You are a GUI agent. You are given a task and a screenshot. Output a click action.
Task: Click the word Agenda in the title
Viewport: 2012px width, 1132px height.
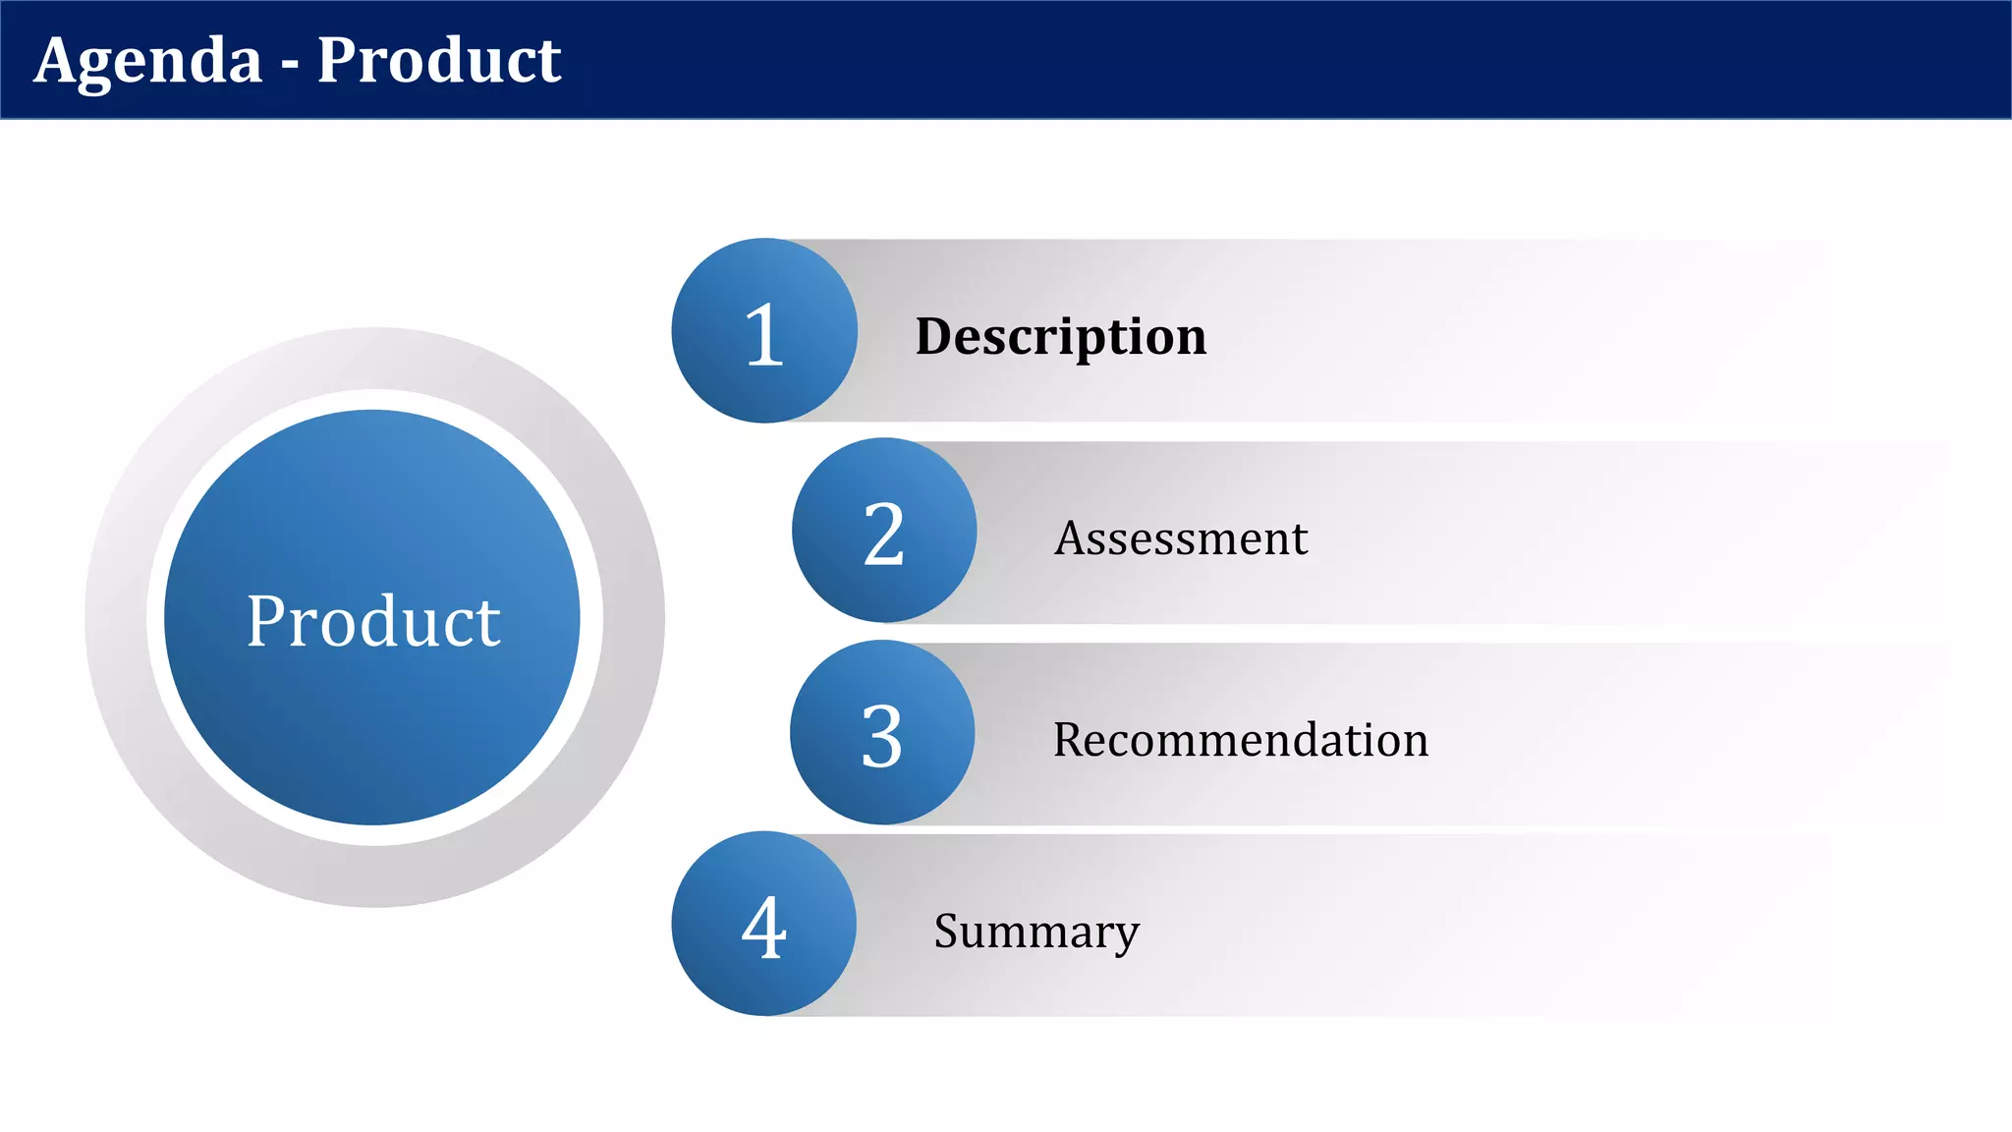coord(148,61)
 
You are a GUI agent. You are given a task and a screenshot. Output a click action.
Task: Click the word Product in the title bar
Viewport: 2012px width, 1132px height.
coord(438,61)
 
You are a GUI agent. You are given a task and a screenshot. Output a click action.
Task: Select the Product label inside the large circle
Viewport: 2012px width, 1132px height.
coord(373,621)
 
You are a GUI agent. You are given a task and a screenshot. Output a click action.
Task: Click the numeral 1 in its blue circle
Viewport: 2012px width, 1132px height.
coord(764,335)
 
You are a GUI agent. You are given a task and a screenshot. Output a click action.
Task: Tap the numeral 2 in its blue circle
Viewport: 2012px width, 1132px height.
coord(883,535)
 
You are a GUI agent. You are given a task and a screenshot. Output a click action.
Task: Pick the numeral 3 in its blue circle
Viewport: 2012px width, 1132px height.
coord(881,736)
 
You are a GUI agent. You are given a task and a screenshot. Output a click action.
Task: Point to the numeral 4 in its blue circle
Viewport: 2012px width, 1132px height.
coord(764,928)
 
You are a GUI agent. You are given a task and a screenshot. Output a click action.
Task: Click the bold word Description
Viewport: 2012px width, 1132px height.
coord(1060,337)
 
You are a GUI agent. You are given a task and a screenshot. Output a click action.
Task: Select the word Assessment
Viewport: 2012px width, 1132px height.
coord(1181,538)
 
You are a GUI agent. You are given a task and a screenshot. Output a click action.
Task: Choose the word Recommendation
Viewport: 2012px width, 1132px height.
coord(1240,740)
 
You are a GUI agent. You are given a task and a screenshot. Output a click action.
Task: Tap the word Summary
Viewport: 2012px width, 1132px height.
coord(1036,932)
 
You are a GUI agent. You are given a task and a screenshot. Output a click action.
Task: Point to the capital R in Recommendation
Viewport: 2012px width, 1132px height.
coord(1068,740)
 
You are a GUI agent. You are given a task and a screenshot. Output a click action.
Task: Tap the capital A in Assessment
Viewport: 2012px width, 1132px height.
coord(1071,538)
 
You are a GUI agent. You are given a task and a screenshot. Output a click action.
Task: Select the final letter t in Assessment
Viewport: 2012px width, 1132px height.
coord(1300,539)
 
